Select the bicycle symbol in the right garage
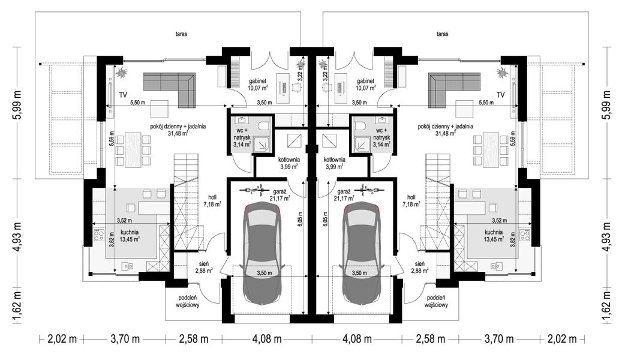coord(369,191)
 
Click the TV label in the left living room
coord(122,95)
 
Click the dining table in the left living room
coord(130,148)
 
